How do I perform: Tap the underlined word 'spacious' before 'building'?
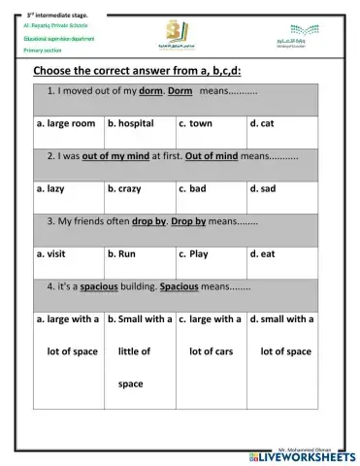click(x=99, y=286)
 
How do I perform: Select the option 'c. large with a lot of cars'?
click(x=211, y=334)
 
